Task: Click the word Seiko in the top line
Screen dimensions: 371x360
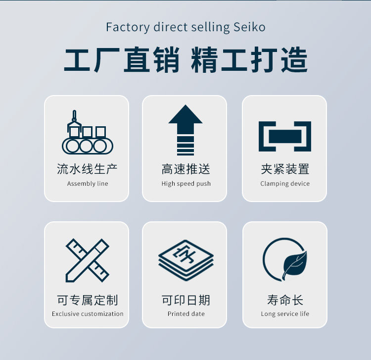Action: pyautogui.click(x=249, y=27)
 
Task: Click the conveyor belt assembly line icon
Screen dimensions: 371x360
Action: pyautogui.click(x=87, y=133)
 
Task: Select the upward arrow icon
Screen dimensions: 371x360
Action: pyautogui.click(x=185, y=130)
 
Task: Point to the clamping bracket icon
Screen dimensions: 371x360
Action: pyautogui.click(x=285, y=136)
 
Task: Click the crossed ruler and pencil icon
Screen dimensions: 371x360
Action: pyautogui.click(x=87, y=260)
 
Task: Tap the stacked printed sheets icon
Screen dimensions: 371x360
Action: pyautogui.click(x=186, y=258)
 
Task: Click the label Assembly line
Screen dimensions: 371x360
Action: pyautogui.click(x=88, y=184)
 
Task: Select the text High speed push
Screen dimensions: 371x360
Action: pyautogui.click(x=186, y=184)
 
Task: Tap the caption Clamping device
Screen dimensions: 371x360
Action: pyautogui.click(x=285, y=184)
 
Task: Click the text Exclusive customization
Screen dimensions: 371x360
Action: pyautogui.click(x=88, y=314)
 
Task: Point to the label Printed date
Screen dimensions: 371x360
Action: pyautogui.click(x=186, y=314)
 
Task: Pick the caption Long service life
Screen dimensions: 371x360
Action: pyautogui.click(x=285, y=314)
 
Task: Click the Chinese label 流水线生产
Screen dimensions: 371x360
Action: pyautogui.click(x=88, y=169)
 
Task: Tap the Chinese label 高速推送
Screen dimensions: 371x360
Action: pyautogui.click(x=186, y=169)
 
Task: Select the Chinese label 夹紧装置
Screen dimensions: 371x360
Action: pyautogui.click(x=285, y=169)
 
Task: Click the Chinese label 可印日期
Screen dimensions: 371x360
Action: pyautogui.click(x=186, y=300)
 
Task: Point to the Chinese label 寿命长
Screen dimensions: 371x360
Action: pyautogui.click(x=285, y=300)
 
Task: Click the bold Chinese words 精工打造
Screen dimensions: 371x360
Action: pyautogui.click(x=249, y=60)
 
